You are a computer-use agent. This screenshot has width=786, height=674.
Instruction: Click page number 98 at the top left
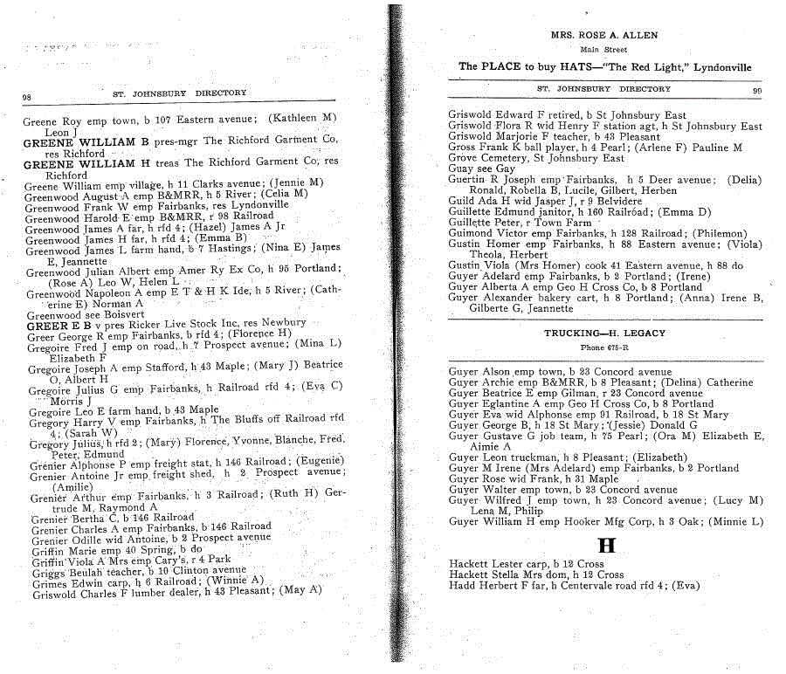pyautogui.click(x=27, y=96)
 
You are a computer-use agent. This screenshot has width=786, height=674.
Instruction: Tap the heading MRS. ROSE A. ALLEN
pyautogui.click(x=603, y=36)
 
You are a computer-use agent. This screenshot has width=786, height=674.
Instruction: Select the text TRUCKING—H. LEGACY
pyautogui.click(x=604, y=334)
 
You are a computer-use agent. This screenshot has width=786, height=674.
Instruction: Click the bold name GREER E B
pyautogui.click(x=56, y=324)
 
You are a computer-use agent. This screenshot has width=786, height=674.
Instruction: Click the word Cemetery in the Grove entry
pyautogui.click(x=507, y=158)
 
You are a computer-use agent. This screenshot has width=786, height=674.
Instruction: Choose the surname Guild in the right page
pyautogui.click(x=461, y=201)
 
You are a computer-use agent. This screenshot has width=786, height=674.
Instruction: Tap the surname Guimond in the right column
pyautogui.click(x=471, y=233)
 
